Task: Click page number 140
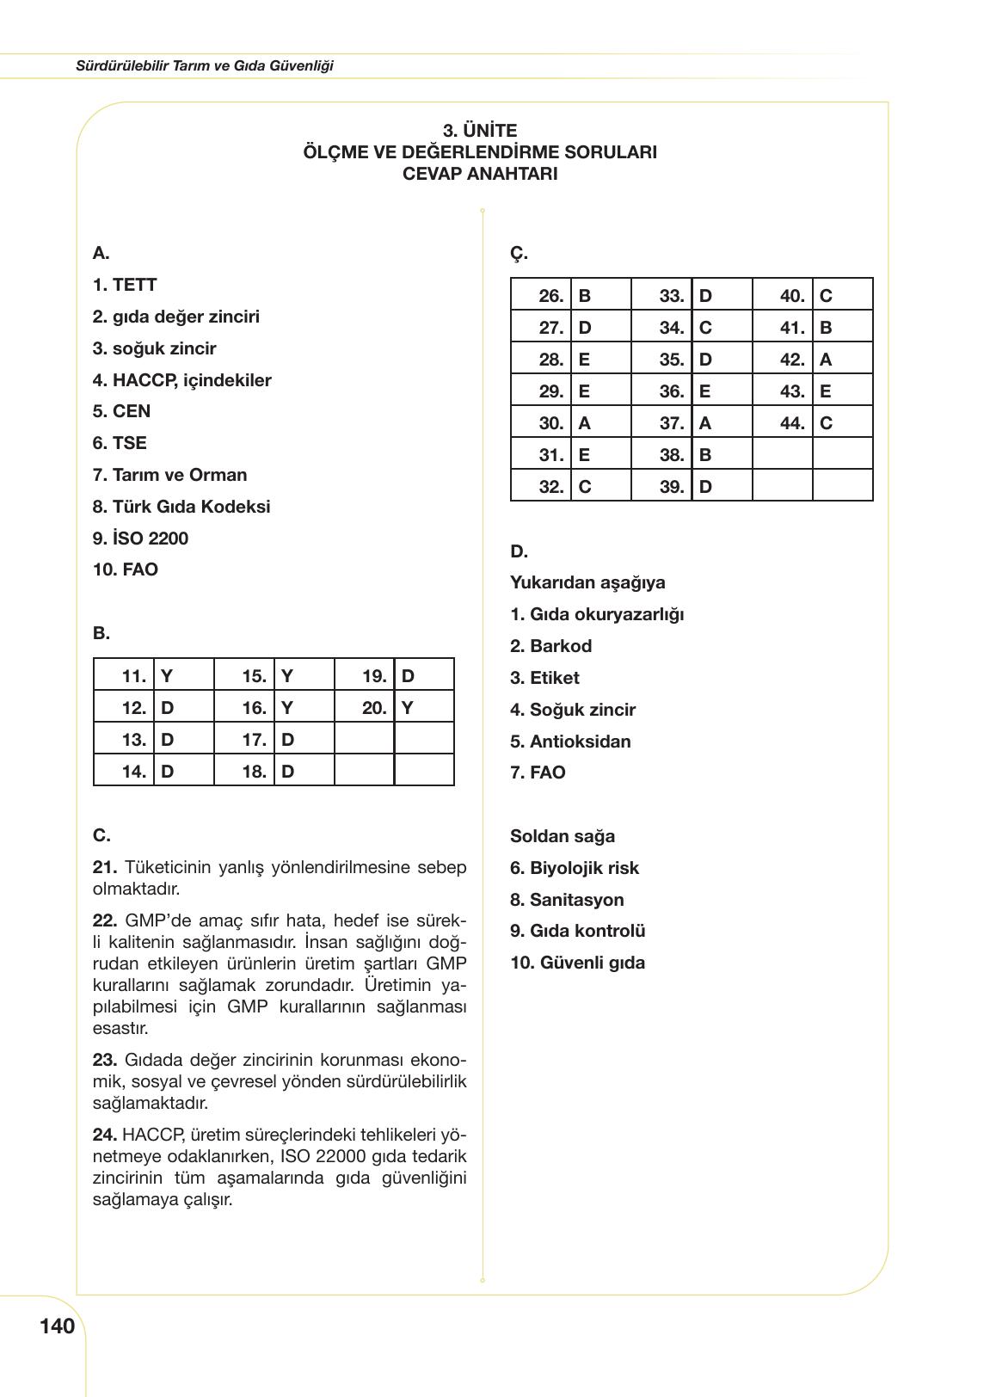[x=57, y=1326]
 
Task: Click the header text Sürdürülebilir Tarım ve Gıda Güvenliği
[x=204, y=65]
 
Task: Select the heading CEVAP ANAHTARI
[x=480, y=174]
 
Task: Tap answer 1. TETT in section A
[x=125, y=285]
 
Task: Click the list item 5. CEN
[x=121, y=411]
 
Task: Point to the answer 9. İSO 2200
[x=140, y=538]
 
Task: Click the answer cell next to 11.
[x=183, y=676]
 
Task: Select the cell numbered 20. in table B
[x=365, y=708]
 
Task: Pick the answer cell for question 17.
[x=304, y=740]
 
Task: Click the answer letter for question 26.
[x=600, y=296]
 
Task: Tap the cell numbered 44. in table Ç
[x=783, y=423]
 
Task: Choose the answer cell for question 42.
[x=842, y=360]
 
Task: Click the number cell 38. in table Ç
[x=662, y=455]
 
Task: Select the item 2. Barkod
[x=550, y=646]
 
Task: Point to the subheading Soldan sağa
[x=563, y=836]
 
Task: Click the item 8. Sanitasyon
[x=567, y=900]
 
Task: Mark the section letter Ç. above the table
[x=519, y=254]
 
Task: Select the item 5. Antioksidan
[x=570, y=742]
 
